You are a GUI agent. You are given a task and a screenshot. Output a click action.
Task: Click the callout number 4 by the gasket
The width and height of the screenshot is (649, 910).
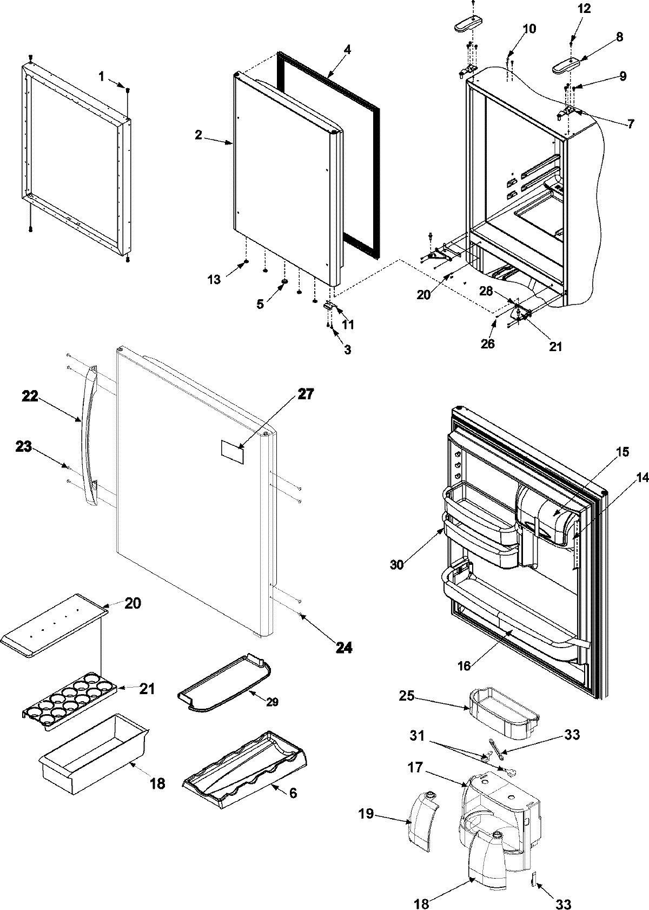(347, 50)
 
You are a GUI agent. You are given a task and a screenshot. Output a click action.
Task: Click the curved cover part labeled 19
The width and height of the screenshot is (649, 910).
(423, 818)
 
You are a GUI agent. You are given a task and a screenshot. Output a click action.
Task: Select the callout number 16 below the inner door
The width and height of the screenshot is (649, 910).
(464, 666)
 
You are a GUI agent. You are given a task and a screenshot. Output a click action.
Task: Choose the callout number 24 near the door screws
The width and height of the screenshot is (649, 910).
(344, 647)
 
